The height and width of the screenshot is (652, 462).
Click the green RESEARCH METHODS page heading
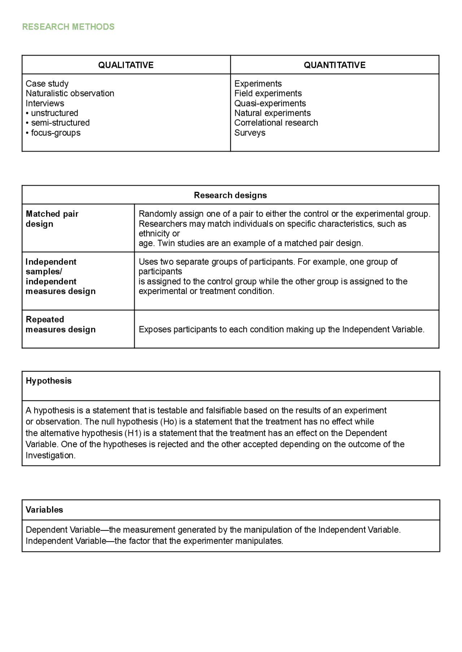tap(68, 27)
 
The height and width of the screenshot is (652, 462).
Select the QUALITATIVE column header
tap(126, 65)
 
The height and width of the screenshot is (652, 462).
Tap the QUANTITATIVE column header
tap(334, 65)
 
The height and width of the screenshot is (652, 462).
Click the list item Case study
tap(47, 84)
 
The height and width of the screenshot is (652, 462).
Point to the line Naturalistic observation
tap(70, 93)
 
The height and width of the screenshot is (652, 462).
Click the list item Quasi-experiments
tap(270, 103)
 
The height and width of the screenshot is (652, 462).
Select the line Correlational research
tap(276, 123)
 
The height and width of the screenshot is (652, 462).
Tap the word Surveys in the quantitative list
tap(249, 133)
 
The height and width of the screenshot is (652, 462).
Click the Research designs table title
tap(230, 195)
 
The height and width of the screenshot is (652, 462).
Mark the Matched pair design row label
tap(52, 219)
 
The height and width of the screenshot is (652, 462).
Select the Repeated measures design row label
tap(60, 325)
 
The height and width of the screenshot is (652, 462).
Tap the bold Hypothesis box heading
tap(48, 381)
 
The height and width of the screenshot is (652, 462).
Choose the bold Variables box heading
tap(44, 510)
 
